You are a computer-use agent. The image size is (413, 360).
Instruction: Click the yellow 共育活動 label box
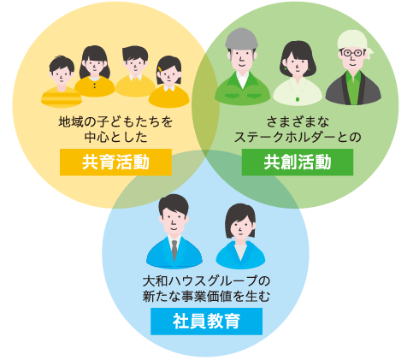[x=115, y=162]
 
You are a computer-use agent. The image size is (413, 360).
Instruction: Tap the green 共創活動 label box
[x=298, y=162]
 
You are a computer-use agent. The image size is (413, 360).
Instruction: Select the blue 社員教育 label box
[x=206, y=321]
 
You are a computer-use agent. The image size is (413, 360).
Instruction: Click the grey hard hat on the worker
[x=241, y=38]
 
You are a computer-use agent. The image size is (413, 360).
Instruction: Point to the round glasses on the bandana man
[x=352, y=53]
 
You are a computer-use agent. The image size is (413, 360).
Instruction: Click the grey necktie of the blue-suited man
[x=174, y=250]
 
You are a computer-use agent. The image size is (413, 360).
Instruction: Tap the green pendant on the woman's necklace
[x=298, y=99]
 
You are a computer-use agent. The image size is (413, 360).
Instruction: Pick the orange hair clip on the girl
[x=161, y=69]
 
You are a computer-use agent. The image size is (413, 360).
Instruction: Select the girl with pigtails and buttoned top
[x=94, y=71]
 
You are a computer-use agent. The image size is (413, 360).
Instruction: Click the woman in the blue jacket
[x=240, y=236]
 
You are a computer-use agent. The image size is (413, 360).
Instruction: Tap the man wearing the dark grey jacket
[x=353, y=68]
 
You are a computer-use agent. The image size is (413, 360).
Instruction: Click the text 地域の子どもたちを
[x=115, y=121]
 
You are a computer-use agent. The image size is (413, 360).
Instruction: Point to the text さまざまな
[x=298, y=121]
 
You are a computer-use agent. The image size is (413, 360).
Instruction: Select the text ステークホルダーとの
[x=298, y=137]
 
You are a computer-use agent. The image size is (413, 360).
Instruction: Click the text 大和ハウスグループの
[x=206, y=281]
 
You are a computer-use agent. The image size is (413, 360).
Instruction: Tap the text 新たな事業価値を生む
[x=206, y=296]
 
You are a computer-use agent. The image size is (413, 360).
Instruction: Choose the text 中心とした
[x=115, y=137]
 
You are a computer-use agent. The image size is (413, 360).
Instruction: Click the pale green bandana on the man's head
[x=355, y=42]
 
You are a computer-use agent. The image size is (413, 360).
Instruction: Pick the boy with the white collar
[x=135, y=71]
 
